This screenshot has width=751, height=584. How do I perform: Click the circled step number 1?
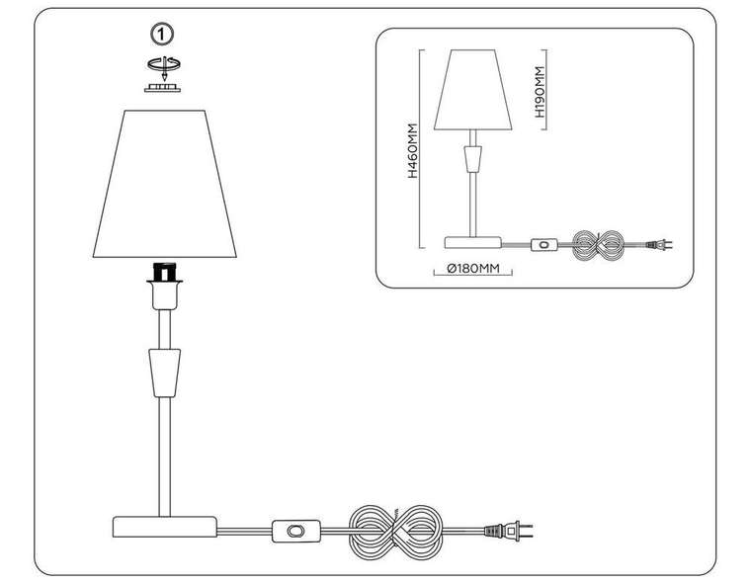(162, 35)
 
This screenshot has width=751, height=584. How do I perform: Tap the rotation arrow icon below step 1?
(164, 66)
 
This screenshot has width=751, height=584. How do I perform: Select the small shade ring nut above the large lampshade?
(163, 88)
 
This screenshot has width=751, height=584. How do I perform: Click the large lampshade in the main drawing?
(165, 184)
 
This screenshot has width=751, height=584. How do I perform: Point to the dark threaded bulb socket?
(165, 272)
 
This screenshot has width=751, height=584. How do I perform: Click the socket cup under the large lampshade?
(165, 294)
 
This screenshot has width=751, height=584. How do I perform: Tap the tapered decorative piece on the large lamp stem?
(165, 373)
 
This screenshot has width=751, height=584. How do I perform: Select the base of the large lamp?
(164, 527)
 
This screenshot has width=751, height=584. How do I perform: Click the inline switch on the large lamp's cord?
(296, 531)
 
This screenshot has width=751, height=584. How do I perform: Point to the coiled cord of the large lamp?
(395, 532)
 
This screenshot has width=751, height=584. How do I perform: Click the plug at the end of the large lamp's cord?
(508, 531)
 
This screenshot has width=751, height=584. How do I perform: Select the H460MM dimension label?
(412, 150)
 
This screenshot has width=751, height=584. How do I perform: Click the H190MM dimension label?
(540, 92)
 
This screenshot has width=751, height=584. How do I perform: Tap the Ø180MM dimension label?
(473, 269)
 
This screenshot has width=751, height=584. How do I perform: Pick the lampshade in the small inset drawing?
(472, 90)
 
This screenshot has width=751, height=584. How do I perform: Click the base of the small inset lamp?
(472, 242)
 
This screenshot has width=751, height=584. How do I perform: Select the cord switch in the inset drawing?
(544, 245)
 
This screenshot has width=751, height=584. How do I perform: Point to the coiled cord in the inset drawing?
(599, 245)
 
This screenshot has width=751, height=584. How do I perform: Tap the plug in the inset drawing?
(659, 245)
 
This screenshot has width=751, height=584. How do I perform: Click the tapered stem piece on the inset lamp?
(472, 158)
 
